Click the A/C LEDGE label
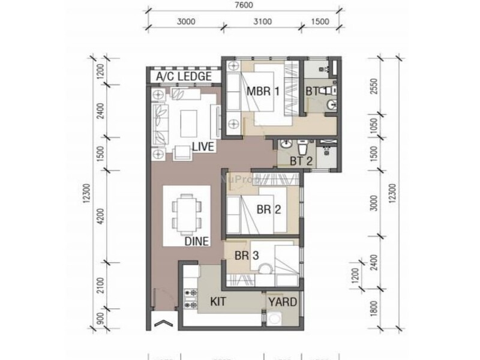[x=184, y=77]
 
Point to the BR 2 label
[x=269, y=209]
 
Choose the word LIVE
[x=203, y=147]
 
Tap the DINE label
[x=196, y=242]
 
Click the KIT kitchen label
[x=218, y=302]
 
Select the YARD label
[x=282, y=302]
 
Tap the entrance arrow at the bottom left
[x=161, y=325]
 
